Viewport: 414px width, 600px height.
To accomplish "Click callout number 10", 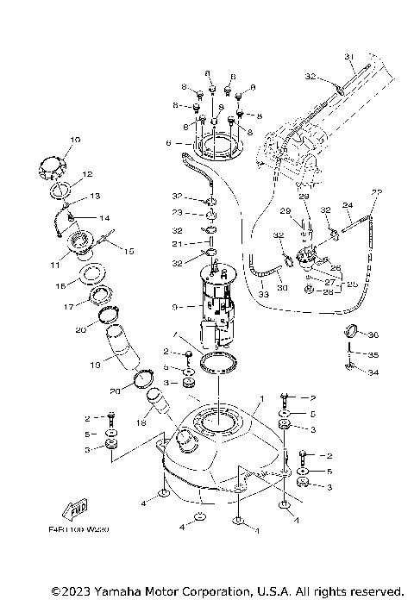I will pos(74,139).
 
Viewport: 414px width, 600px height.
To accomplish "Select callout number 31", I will pos(350,57).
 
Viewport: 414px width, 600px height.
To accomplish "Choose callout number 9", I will pos(176,305).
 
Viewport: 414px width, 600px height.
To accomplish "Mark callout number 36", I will pos(373,335).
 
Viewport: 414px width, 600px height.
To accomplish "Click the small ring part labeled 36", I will pos(351,332).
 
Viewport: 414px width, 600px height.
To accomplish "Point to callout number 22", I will pos(376,191).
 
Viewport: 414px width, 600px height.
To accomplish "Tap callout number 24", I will pos(349,205).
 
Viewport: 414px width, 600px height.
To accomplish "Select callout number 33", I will pos(262,296).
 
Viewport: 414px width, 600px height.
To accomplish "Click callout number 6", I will pos(179,144).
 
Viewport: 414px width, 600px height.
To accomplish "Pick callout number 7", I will pos(176,334).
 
